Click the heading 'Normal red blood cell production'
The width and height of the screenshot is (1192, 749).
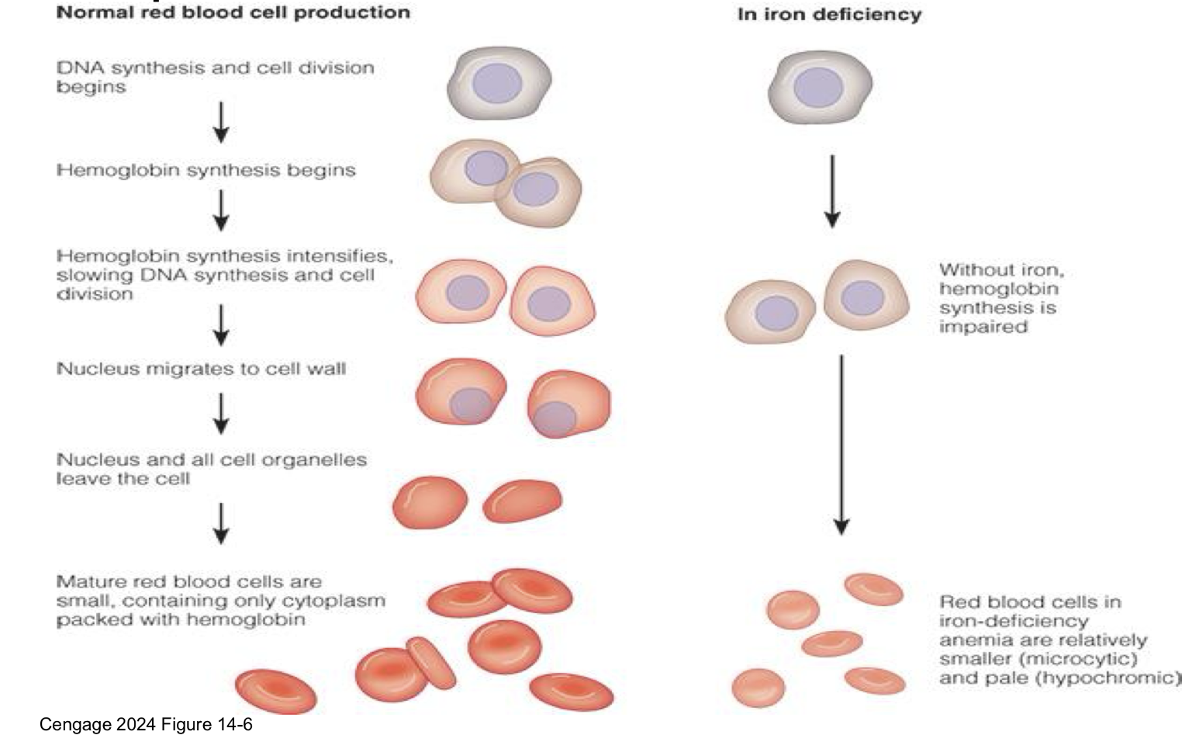[x=233, y=12]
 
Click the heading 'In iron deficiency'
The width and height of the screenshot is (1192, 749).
[x=829, y=15]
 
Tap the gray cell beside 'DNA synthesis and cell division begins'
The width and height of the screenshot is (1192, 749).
[x=499, y=84]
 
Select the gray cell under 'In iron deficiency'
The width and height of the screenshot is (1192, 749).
[x=820, y=86]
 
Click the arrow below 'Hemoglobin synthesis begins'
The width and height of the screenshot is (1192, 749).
[x=221, y=210]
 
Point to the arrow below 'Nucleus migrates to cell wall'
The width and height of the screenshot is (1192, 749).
[x=221, y=413]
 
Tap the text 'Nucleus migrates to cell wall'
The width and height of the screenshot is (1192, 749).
[x=201, y=369]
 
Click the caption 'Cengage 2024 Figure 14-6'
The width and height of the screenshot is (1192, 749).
[x=146, y=725]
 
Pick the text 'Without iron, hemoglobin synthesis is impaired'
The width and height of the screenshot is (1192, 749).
[x=1000, y=298]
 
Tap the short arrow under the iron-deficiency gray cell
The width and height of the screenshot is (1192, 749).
[x=832, y=191]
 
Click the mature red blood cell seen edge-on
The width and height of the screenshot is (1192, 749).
[x=432, y=664]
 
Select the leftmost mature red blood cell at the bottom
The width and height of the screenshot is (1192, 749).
[x=276, y=691]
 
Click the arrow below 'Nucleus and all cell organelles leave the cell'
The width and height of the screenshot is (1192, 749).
[x=221, y=523]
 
